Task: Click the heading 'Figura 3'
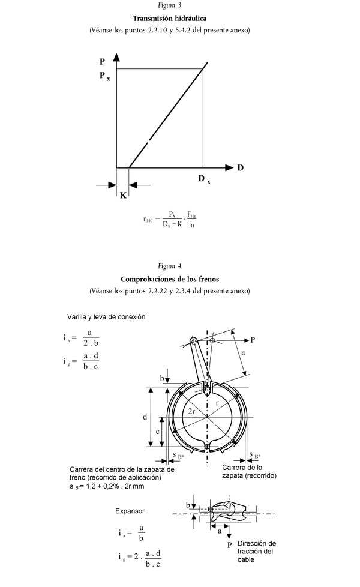click(174, 6)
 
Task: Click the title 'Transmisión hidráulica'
click(173, 18)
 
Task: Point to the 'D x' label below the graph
click(204, 179)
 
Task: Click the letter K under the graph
click(122, 196)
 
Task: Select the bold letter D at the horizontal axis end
click(240, 167)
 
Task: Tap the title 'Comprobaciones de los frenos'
click(170, 279)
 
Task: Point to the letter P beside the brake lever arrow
click(253, 340)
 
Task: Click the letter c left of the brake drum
click(157, 431)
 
